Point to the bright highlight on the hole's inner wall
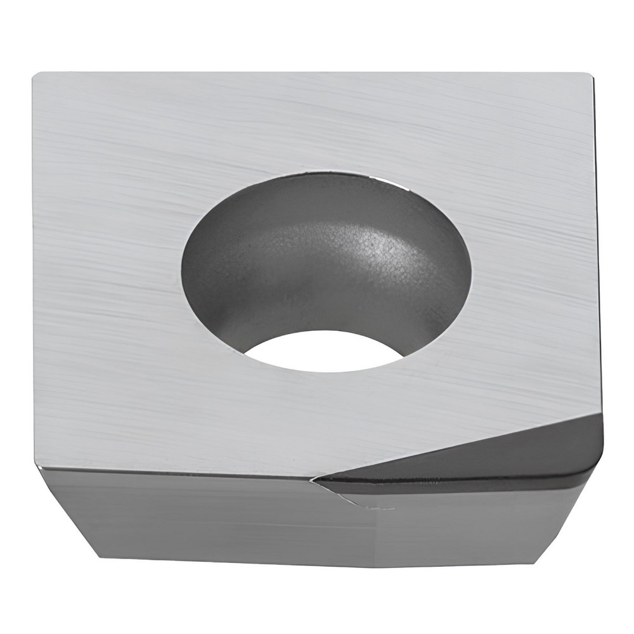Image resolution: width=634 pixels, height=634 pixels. [x=374, y=254]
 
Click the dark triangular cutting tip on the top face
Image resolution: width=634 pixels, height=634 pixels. [x=507, y=456]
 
